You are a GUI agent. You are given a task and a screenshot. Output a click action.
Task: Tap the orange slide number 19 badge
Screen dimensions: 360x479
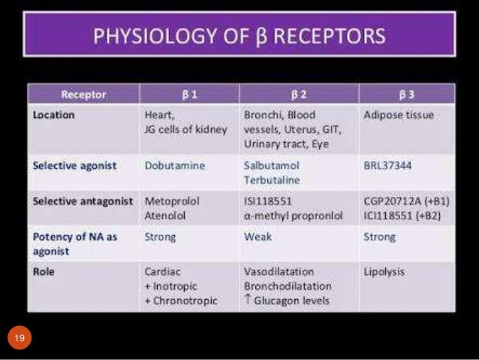(20, 340)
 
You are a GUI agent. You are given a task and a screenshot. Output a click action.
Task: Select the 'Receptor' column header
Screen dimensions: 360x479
(83, 95)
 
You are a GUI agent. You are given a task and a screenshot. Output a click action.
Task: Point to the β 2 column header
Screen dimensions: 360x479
(298, 95)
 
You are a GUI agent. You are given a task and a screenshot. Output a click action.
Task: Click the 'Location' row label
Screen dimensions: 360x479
(55, 116)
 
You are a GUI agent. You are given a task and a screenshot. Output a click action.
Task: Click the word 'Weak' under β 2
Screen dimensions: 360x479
(258, 237)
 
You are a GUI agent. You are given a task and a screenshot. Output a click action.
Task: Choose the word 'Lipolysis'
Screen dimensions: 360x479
(384, 271)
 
